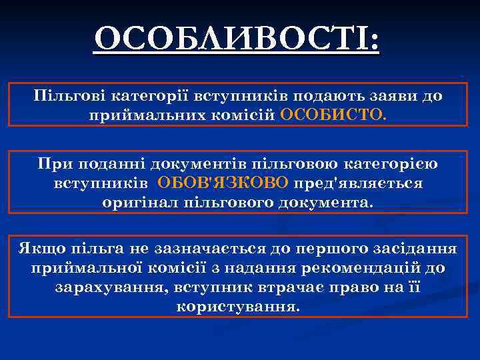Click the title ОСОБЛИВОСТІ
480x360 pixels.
(237, 41)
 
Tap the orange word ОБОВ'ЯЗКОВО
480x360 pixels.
(223, 183)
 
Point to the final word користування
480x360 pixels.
(239, 307)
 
